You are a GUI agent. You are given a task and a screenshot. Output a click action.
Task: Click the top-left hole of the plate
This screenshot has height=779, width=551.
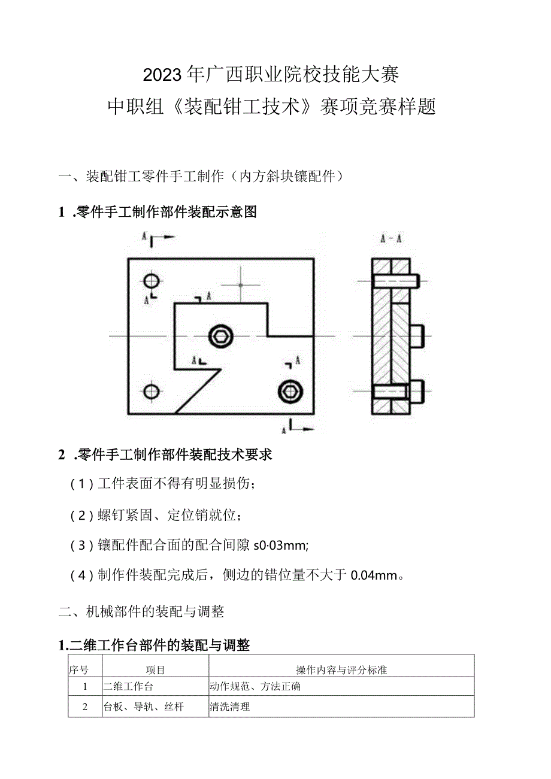pyautogui.click(x=152, y=280)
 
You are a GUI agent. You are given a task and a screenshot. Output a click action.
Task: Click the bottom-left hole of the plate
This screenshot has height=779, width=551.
pyautogui.click(x=152, y=392)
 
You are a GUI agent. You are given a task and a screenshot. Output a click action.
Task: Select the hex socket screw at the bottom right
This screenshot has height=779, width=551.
pyautogui.click(x=290, y=392)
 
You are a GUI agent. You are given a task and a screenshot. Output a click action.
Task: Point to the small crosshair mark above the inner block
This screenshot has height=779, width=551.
pyautogui.click(x=240, y=285)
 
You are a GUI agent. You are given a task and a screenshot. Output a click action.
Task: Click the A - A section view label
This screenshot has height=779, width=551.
pyautogui.click(x=390, y=238)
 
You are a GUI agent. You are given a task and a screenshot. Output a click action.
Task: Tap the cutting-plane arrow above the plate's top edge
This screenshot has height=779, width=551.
pyautogui.click(x=161, y=238)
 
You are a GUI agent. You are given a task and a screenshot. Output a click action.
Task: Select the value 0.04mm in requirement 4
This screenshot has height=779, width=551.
pyautogui.click(x=374, y=575)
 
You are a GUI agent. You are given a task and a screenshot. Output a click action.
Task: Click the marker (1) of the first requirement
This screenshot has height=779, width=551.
pyautogui.click(x=81, y=484)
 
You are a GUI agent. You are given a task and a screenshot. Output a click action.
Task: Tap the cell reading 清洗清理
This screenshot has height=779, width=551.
pyautogui.click(x=230, y=707)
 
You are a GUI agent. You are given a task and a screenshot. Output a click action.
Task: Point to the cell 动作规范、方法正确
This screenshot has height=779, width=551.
pyautogui.click(x=255, y=687)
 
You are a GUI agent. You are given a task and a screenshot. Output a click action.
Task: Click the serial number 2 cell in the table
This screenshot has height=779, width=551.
pyautogui.click(x=85, y=707)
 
